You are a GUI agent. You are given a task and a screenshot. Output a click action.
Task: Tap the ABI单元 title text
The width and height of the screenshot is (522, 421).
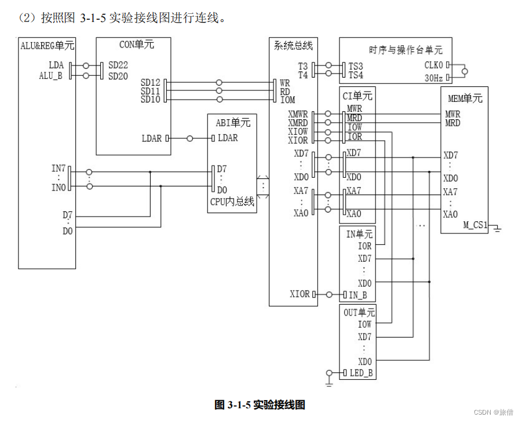coord(232,122)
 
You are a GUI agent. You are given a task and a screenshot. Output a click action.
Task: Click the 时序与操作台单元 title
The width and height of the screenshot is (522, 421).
coord(405,50)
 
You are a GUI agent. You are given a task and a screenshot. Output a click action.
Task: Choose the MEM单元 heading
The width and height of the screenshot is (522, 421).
coord(465,98)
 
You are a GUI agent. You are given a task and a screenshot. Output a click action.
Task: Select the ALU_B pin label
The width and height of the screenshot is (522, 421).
coord(50,75)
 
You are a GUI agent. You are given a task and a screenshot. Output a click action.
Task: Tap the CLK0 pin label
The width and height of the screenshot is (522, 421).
coord(433,65)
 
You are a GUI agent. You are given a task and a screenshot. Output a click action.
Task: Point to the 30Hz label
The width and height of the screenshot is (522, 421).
coord(433,77)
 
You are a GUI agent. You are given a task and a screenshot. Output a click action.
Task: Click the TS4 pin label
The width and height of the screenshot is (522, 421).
coord(355,75)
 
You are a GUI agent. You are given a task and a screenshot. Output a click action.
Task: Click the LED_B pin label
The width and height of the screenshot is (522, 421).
coord(361,373)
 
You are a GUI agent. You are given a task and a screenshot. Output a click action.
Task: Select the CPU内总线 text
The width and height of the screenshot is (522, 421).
coord(232,202)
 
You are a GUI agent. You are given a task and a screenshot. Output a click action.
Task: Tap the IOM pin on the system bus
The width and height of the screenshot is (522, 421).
coord(287,100)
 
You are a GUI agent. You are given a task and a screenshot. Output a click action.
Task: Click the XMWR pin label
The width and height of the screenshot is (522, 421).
coord(298,114)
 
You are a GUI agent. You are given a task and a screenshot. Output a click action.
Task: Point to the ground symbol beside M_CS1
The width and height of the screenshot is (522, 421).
coord(497,229)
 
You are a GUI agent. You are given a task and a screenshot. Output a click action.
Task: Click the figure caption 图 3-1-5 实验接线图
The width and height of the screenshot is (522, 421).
coord(260,405)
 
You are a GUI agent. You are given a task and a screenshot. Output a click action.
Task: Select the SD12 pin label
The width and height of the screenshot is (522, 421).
coord(150,83)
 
